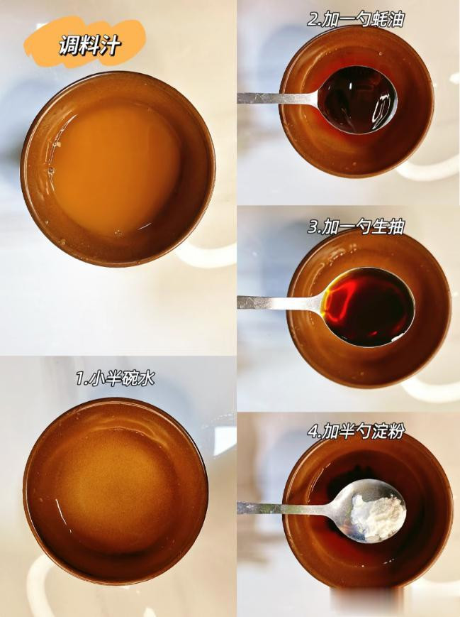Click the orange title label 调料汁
pyautogui.click(x=89, y=45)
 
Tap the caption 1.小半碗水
pyautogui.click(x=116, y=378)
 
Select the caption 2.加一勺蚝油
pyautogui.click(x=356, y=19)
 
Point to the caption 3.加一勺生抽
pyautogui.click(x=356, y=227)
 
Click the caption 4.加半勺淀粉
pyautogui.click(x=356, y=432)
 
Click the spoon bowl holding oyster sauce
pyautogui.click(x=357, y=99)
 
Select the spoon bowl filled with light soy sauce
pyautogui.click(x=369, y=307)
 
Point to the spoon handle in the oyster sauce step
pyautogui.click(x=277, y=98)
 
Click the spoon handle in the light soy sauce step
pyautogui.click(x=281, y=302)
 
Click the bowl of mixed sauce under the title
pyautogui.click(x=118, y=168)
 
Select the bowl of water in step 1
pyautogui.click(x=116, y=491)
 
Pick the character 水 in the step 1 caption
pyautogui.click(x=146, y=378)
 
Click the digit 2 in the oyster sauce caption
pyautogui.click(x=313, y=20)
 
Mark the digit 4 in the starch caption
pyautogui.click(x=313, y=432)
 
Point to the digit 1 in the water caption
pyautogui.click(x=81, y=379)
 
